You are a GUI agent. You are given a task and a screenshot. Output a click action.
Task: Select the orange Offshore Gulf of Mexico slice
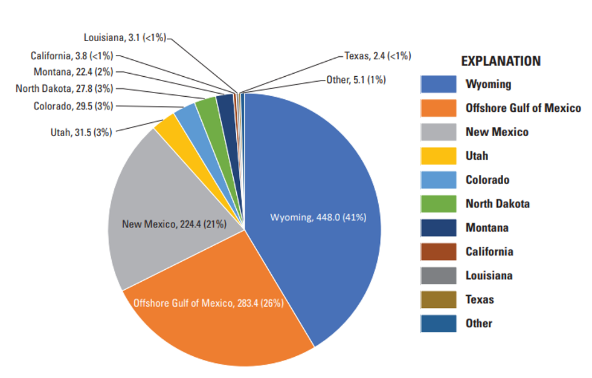pos(224,314)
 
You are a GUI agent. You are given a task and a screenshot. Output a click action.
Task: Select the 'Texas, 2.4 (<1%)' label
pos(378,56)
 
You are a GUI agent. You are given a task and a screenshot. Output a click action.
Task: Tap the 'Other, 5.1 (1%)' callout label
pos(356,79)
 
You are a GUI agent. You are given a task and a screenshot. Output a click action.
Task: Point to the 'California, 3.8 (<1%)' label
pos(72,56)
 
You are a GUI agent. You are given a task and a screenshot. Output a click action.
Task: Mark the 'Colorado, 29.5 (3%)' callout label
pos(73,106)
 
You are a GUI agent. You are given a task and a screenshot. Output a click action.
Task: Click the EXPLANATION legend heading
pos(501,61)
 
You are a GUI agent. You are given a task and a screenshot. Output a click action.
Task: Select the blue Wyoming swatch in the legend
pos(438,84)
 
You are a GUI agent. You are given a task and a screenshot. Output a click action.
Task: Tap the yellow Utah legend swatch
pos(438,156)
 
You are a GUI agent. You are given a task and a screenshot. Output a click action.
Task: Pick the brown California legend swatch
pos(438,252)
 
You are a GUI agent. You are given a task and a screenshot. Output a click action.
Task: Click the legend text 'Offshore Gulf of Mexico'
pos(523,108)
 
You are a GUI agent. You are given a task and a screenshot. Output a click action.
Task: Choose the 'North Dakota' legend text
pos(497,204)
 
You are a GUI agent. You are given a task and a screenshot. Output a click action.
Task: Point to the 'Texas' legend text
pos(480,299)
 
